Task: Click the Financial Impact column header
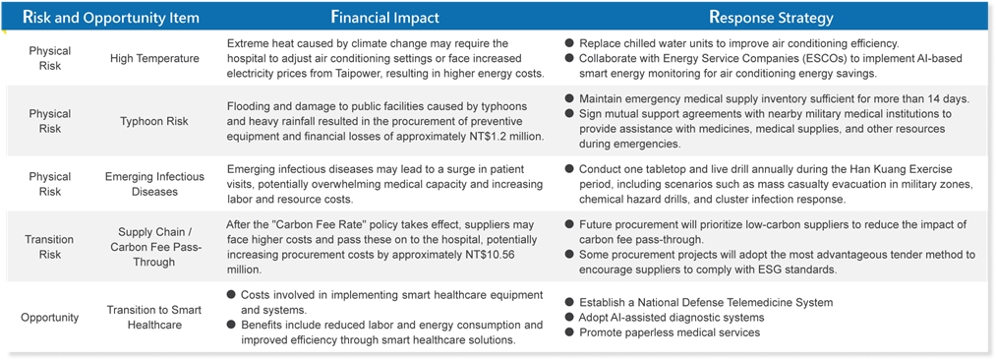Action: (x=385, y=17)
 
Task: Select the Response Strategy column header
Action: (x=771, y=17)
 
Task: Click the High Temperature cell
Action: (x=154, y=58)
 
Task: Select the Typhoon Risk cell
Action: (x=154, y=120)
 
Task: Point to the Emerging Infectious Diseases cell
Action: (x=154, y=183)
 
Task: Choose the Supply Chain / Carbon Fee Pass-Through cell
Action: (x=154, y=247)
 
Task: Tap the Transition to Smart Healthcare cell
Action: (x=154, y=317)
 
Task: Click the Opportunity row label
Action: (x=49, y=318)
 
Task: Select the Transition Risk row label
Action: (x=49, y=247)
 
